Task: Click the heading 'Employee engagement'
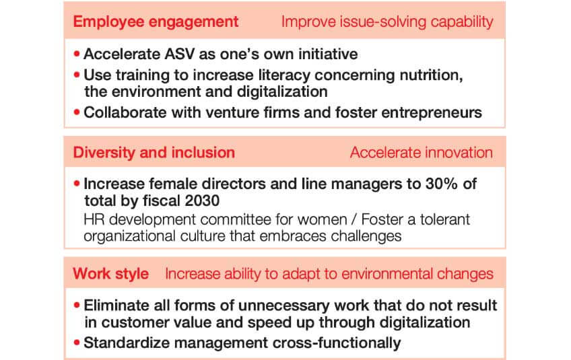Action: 156,22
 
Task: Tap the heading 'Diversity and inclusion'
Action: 154,153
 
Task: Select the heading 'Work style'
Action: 110,274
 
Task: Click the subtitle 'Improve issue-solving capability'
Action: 387,22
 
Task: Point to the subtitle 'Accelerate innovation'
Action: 422,153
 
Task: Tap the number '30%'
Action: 441,184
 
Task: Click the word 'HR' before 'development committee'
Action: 94,219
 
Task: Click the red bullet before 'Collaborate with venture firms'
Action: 77,112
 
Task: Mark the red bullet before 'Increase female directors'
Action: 77,183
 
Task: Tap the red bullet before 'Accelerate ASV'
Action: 77,54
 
